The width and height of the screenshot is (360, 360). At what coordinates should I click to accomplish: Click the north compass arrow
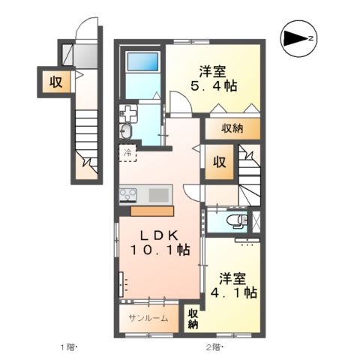coord(301,36)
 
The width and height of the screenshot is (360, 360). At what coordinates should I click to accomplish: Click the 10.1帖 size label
coord(160,250)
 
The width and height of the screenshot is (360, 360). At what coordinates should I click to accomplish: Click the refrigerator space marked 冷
coord(127,154)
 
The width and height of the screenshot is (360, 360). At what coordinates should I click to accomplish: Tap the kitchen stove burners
coord(127,195)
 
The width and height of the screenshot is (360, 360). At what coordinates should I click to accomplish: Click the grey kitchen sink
coord(159,195)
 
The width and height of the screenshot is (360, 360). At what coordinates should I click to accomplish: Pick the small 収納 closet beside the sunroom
coord(193,318)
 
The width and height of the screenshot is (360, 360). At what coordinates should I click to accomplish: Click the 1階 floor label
coord(68,346)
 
